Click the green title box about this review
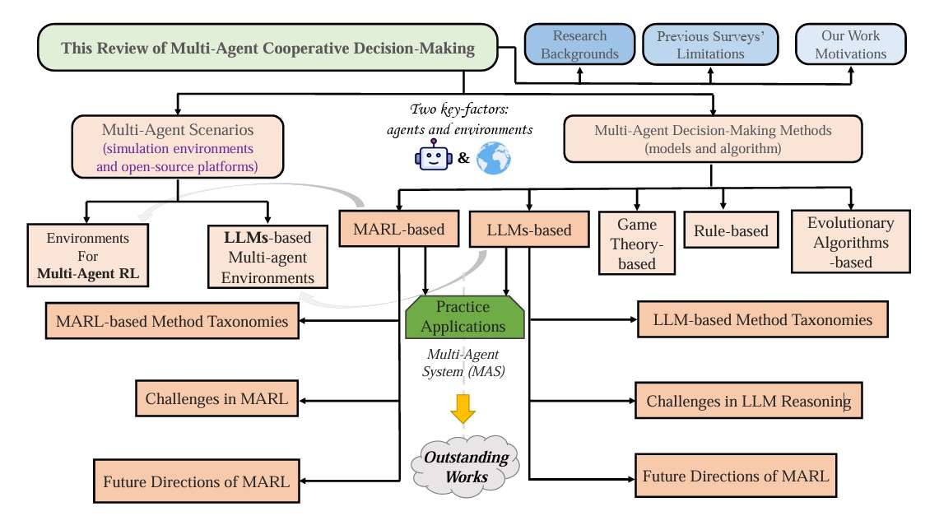[267, 47]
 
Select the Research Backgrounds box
[579, 45]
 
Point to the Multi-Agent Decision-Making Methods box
[713, 138]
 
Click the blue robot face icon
[431, 157]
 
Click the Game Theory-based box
[636, 244]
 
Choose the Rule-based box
[724, 231]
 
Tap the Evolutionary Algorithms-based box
[849, 242]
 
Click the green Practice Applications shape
[466, 317]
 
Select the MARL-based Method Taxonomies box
[172, 321]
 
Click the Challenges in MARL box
[216, 400]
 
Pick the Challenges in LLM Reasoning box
[748, 402]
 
